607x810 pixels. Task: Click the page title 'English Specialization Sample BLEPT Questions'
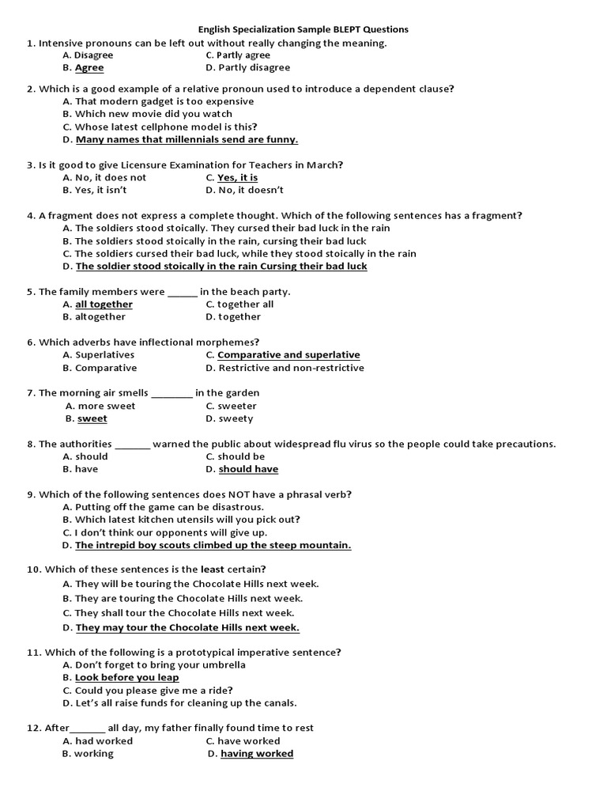pos(303,29)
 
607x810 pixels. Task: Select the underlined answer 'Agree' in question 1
pos(89,68)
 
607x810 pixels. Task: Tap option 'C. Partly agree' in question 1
pos(238,55)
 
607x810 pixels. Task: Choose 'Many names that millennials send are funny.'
pos(187,140)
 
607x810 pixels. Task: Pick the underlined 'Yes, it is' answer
pos(237,178)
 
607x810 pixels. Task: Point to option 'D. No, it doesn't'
pos(244,191)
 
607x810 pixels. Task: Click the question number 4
pos(30,216)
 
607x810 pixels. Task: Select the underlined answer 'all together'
pos(104,305)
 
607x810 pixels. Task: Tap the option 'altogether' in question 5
pos(100,317)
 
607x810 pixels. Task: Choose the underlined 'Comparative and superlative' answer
pos(288,355)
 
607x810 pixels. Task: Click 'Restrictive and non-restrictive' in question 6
pos(291,368)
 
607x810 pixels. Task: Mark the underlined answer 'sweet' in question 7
pos(92,418)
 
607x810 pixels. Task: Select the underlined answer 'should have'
pos(248,469)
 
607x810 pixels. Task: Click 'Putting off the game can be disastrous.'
pos(169,507)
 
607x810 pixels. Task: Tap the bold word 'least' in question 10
pos(212,570)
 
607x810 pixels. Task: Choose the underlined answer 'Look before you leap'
pos(126,678)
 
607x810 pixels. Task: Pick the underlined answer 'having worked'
pos(257,754)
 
